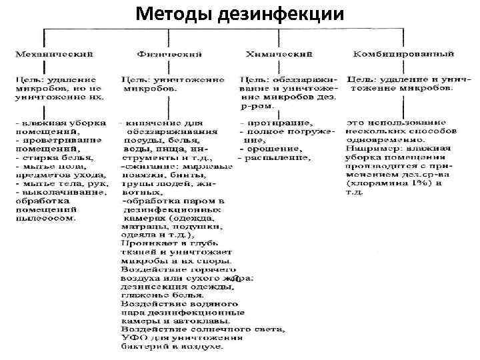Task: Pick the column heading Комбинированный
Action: (404, 53)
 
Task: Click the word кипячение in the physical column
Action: (148, 123)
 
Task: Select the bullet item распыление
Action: (279, 158)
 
